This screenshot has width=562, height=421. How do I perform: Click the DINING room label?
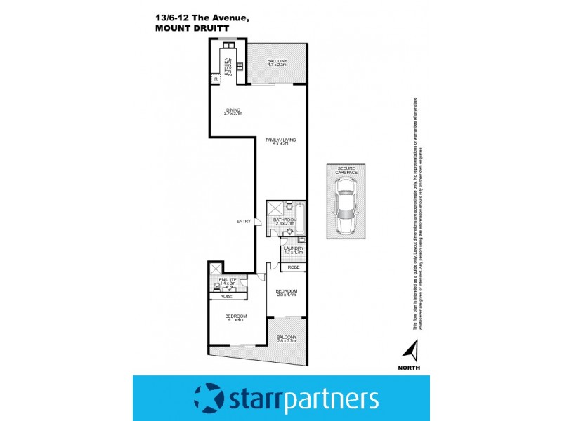pos(233,111)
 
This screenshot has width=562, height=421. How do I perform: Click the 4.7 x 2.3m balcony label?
pos(277,63)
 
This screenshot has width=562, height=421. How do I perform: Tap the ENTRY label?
pos(243,222)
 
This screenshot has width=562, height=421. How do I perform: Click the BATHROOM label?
pos(285,221)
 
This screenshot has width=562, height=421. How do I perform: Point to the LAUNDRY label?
pos(293,250)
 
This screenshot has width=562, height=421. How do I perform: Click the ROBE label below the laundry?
pos(293,267)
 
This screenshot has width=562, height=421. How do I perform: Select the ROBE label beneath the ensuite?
pos(226,296)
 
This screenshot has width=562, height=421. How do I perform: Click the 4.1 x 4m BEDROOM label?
pos(235,319)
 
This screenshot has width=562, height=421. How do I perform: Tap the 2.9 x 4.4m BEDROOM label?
pos(286,293)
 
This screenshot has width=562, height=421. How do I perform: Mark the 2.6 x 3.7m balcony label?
pos(286,340)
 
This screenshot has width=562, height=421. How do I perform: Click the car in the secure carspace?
pos(346,203)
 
